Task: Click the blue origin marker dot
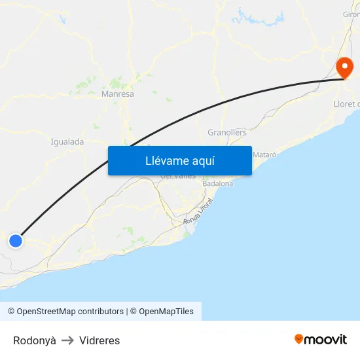coord(16,241)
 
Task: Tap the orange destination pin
coord(344,67)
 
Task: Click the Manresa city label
coord(118,94)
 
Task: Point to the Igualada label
coord(67,141)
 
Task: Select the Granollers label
coord(227,132)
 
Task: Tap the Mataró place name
coord(264,154)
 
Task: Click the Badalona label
coord(218,184)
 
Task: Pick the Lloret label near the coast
coord(346,104)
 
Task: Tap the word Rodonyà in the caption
coord(35,340)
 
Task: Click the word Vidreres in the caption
coord(99,340)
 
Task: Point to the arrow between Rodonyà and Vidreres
coord(67,340)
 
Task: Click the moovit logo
coord(321,339)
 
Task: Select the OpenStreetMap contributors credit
coord(70,312)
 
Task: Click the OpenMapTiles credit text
coord(166,312)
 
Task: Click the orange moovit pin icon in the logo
coord(299,339)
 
